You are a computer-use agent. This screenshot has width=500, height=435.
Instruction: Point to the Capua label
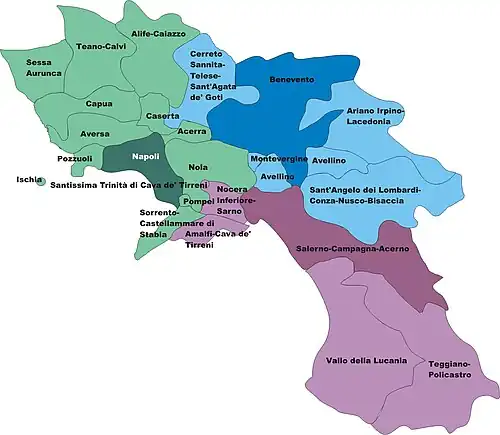click(x=99, y=103)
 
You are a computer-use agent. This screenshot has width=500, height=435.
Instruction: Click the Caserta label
click(x=162, y=117)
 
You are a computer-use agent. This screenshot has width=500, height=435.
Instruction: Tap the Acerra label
click(x=192, y=131)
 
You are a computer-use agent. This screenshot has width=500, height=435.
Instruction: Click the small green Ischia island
click(x=40, y=182)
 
